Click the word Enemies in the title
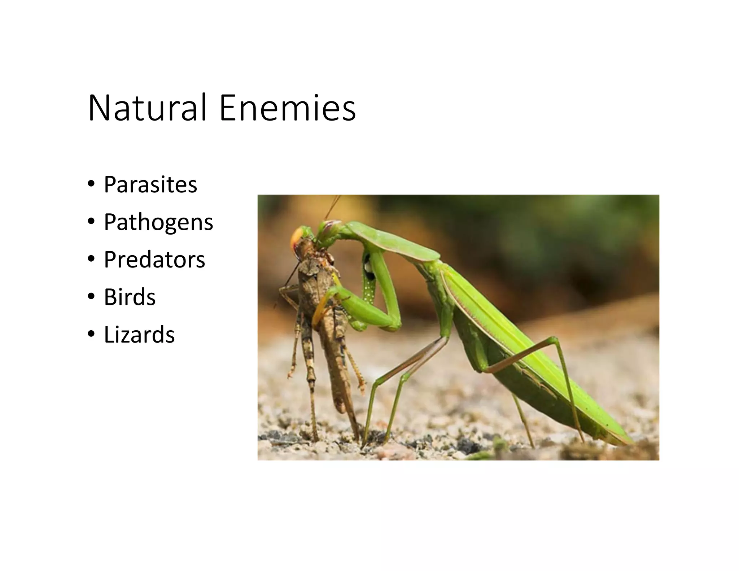coord(287,108)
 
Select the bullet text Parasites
coord(150,184)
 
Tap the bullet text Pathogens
coord(158,222)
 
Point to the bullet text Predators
coord(154,260)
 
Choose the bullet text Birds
coord(130,297)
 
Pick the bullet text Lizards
coord(139,335)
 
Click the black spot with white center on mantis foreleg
coord(368,267)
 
